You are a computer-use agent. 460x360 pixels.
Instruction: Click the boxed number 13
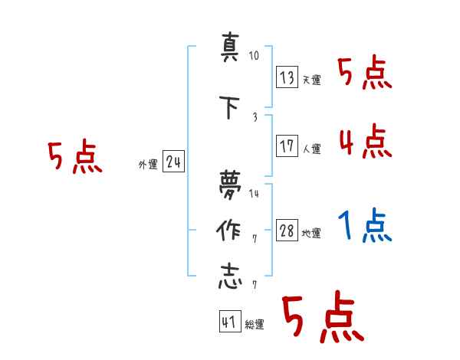[287, 77]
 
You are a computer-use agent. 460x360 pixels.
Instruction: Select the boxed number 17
[287, 146]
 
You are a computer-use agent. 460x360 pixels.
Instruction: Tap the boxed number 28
[287, 231]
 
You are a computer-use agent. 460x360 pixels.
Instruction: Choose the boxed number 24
[173, 162]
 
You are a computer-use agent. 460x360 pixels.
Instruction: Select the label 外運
[147, 164]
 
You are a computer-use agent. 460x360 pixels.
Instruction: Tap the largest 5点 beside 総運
[322, 318]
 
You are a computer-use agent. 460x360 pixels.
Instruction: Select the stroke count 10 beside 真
[255, 56]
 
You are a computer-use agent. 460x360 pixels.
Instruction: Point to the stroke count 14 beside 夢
[255, 193]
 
